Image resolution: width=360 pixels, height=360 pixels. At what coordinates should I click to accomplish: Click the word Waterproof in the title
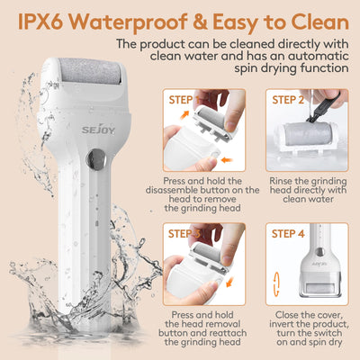coord(127,19)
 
